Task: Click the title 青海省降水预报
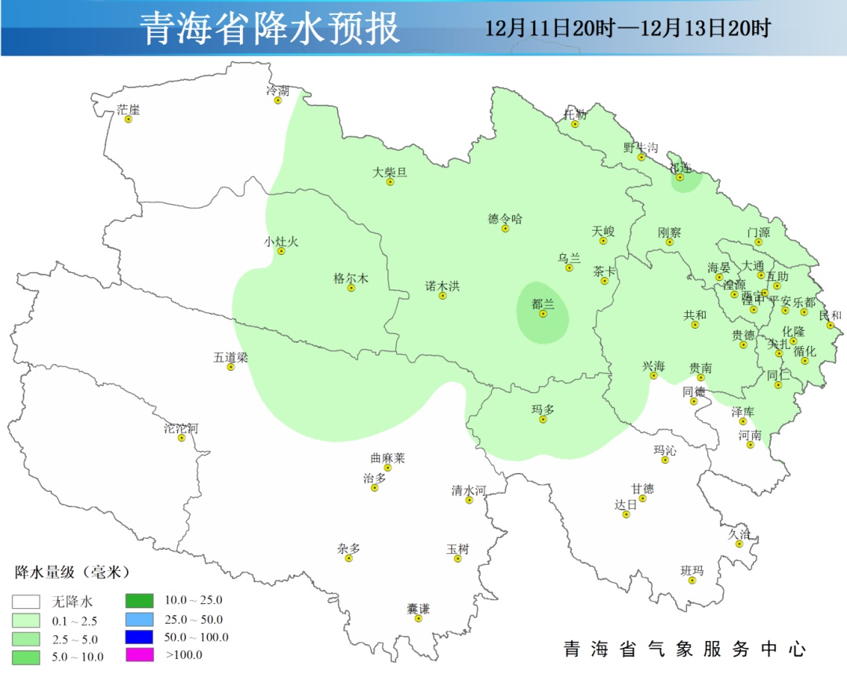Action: point(271,28)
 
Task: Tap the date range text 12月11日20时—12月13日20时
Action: point(627,29)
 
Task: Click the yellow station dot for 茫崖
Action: point(129,119)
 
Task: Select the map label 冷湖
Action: point(278,91)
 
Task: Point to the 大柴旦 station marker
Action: point(390,182)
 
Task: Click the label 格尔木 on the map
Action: point(351,278)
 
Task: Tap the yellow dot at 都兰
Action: point(543,314)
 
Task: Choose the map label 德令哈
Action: point(505,219)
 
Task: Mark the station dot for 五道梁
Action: point(231,366)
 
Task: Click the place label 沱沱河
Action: point(181,428)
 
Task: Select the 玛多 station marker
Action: point(543,419)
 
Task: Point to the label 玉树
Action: point(458,549)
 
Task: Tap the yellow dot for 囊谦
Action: point(418,618)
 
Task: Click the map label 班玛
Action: point(692,570)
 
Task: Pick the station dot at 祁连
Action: point(680,177)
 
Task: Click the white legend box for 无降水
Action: point(26,602)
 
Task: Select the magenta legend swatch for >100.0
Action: point(140,653)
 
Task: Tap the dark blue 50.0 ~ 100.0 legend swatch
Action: point(140,636)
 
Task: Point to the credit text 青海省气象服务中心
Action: point(685,650)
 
